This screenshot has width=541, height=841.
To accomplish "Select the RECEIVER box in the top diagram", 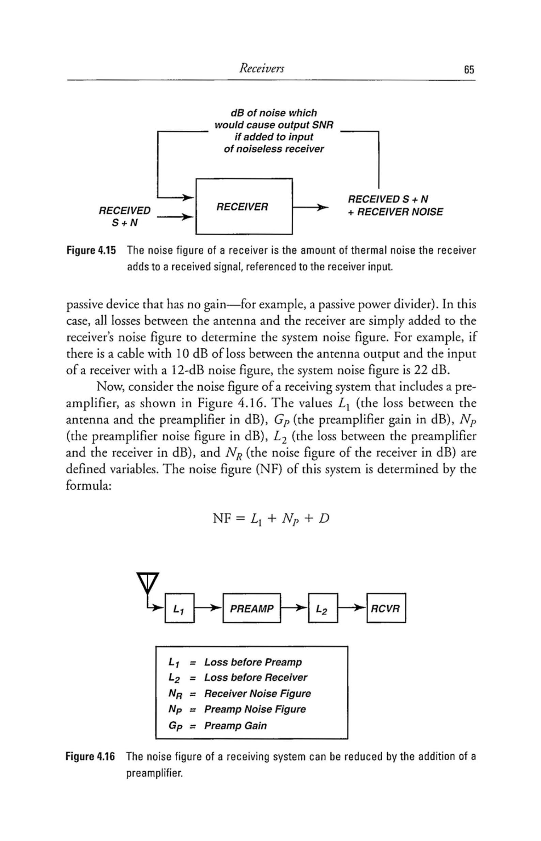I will click(x=244, y=206).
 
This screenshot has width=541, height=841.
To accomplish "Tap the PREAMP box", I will click(x=251, y=609).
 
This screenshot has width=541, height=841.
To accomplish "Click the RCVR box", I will click(x=386, y=609).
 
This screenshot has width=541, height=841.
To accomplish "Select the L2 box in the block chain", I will click(x=323, y=609).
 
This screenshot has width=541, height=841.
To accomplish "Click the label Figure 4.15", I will click(x=91, y=251).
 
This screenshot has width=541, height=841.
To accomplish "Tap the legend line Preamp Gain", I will click(x=235, y=726).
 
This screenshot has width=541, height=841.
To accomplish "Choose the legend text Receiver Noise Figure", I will click(x=258, y=694).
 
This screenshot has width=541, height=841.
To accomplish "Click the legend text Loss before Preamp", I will click(x=253, y=662).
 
